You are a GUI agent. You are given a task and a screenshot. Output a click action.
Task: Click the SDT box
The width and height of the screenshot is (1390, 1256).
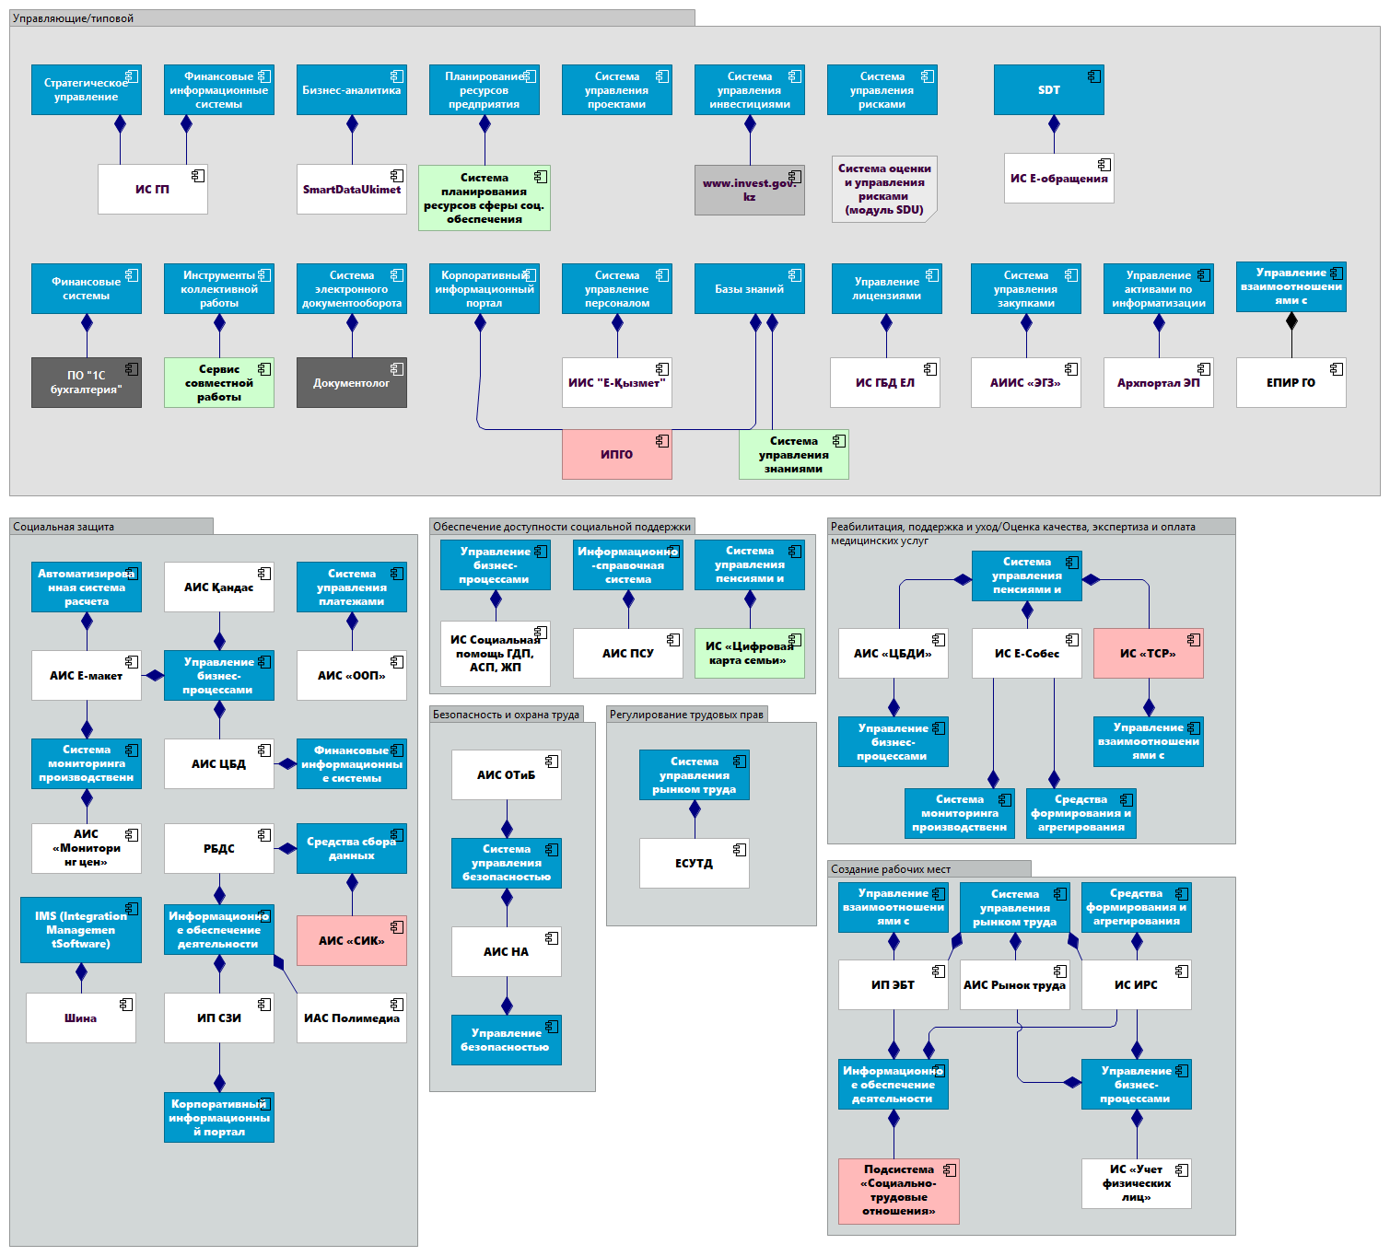[x=1048, y=89]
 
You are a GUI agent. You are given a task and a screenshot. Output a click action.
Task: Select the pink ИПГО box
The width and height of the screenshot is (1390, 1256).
[x=616, y=454]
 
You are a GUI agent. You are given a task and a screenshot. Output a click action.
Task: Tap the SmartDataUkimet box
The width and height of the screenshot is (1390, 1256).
[x=351, y=189]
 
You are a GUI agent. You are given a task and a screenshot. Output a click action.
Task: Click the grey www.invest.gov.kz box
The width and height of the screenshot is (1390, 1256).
[x=749, y=190]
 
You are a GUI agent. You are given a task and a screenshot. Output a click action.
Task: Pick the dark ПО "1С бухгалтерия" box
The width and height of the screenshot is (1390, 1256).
[x=86, y=382]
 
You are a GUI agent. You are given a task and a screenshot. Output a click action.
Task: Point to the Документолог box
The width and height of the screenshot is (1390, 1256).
[x=351, y=382]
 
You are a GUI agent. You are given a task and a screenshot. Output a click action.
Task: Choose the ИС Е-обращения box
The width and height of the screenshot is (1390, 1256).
[x=1058, y=178]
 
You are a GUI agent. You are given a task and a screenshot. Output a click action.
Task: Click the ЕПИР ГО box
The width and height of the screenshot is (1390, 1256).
[x=1291, y=382]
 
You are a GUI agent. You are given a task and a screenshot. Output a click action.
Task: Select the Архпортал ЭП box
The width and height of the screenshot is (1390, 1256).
[x=1158, y=382]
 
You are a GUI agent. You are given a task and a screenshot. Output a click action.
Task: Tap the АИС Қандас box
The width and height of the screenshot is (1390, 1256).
[x=218, y=587]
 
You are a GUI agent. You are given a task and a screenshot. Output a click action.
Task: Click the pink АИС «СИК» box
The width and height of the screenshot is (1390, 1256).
[x=351, y=940]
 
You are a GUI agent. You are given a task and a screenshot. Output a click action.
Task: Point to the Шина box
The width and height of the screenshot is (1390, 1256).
[x=80, y=1018]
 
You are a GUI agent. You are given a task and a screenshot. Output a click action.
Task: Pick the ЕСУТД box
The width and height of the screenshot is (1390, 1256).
[x=694, y=863]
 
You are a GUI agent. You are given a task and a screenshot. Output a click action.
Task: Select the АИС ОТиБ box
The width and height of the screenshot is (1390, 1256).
[x=506, y=774]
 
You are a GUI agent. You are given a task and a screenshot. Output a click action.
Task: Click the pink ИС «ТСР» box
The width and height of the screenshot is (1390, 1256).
[x=1148, y=653]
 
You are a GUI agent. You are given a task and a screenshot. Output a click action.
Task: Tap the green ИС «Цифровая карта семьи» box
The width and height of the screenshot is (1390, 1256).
[x=749, y=653]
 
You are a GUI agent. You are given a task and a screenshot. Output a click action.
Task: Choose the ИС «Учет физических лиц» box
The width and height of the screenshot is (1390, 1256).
[x=1136, y=1183]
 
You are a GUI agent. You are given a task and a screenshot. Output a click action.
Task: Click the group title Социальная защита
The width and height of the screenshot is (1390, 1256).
[x=64, y=527]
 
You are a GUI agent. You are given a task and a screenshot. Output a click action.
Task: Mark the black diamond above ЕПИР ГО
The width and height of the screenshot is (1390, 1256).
[x=1291, y=320]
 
